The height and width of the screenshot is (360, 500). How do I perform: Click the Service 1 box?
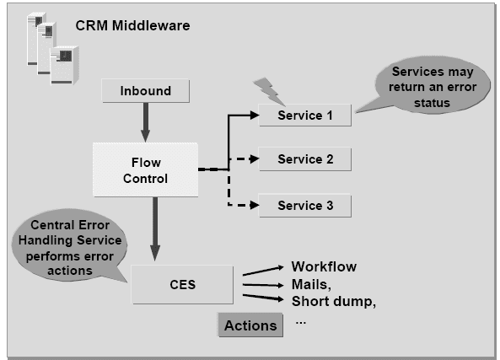pyautogui.click(x=304, y=116)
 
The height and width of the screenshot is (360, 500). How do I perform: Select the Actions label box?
pyautogui.click(x=250, y=325)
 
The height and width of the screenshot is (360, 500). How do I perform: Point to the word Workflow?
pyautogui.click(x=324, y=266)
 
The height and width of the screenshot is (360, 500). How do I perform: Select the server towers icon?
pyautogui.click(x=46, y=48)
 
